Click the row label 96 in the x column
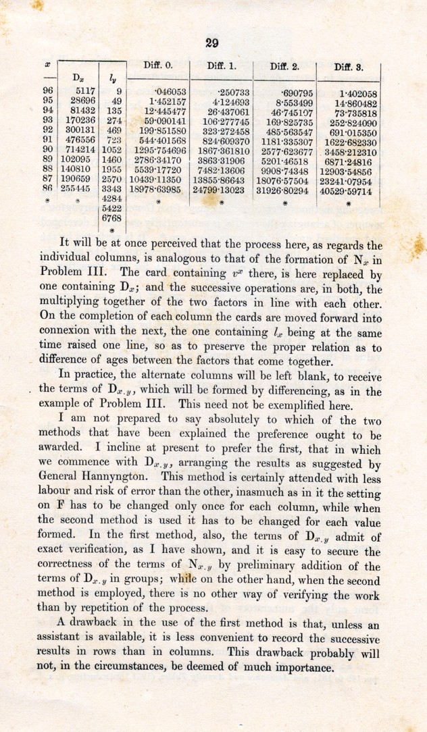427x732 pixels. click(x=48, y=91)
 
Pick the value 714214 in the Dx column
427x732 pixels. click(x=77, y=149)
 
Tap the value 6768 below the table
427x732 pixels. click(x=110, y=219)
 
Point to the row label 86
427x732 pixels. click(x=48, y=191)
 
